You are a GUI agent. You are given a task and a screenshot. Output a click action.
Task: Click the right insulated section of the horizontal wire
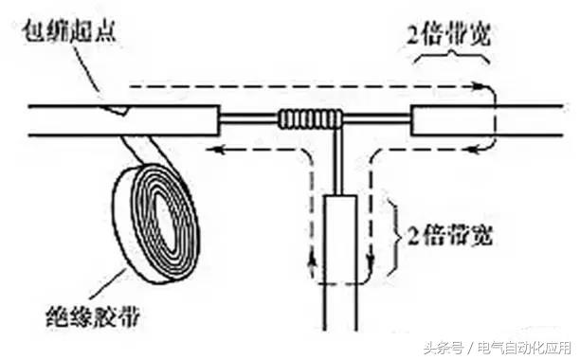pyautogui.click(x=450, y=121)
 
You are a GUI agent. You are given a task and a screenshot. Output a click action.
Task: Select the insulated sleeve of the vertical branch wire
pyautogui.click(x=338, y=237)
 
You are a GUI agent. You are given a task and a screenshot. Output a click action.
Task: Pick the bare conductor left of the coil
pyautogui.click(x=247, y=120)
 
